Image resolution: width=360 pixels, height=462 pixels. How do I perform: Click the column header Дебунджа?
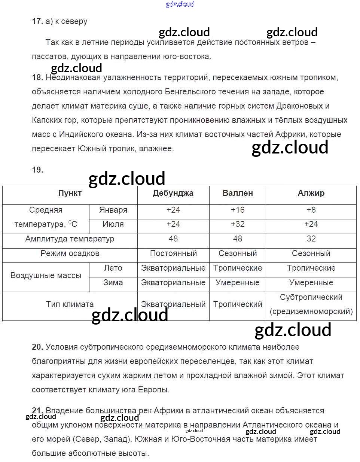[x=173, y=193]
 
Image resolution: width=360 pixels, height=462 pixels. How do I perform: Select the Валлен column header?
[x=238, y=193]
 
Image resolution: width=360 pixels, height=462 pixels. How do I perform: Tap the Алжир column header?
[x=311, y=193]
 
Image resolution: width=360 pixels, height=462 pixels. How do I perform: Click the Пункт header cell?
[x=70, y=193]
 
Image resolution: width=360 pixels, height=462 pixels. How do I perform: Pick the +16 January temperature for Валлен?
[x=238, y=210]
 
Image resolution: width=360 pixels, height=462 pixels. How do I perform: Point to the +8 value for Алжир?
[x=311, y=210]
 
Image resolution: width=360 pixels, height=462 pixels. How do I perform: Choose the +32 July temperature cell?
[x=238, y=224]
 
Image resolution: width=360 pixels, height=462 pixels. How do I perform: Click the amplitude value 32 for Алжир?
[x=311, y=239]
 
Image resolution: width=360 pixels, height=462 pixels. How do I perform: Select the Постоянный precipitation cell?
[x=173, y=253]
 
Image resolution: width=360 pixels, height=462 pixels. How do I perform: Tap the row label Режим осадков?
[x=70, y=253]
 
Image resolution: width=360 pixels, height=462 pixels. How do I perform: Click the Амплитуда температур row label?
[x=70, y=239]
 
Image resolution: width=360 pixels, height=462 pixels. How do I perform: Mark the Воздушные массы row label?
[x=46, y=276]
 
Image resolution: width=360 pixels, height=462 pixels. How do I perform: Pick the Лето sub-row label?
[x=113, y=268]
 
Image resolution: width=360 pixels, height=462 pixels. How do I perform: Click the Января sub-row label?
[x=113, y=210]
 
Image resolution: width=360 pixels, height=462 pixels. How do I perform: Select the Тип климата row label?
[x=70, y=304]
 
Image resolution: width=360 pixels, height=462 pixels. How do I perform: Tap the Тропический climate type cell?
[x=238, y=304]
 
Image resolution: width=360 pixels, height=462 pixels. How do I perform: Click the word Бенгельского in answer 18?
[x=193, y=92]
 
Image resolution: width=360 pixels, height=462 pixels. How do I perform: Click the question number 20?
[x=37, y=347]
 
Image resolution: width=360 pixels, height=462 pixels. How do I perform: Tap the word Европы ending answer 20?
[x=154, y=390]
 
